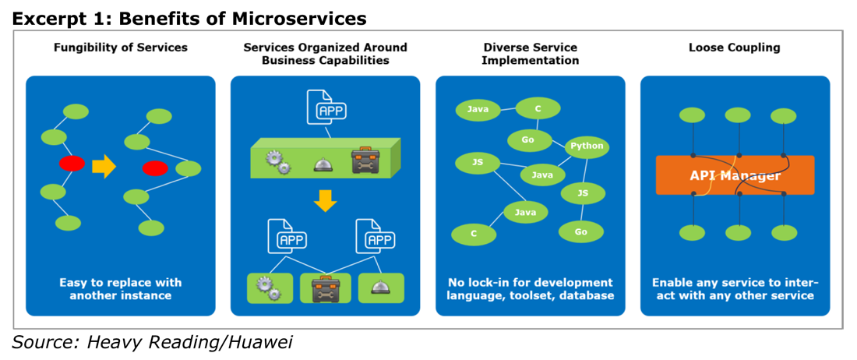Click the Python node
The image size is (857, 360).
(x=587, y=146)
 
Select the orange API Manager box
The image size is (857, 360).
(x=735, y=175)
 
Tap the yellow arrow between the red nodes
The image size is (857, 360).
(x=104, y=166)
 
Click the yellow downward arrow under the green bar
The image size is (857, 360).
(x=325, y=200)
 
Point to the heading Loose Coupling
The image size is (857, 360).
(x=734, y=48)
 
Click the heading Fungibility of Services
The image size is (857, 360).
(x=120, y=48)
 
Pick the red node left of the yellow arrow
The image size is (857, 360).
(x=72, y=164)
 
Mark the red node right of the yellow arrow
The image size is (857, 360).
(x=155, y=168)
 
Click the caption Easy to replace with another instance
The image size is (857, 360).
(x=120, y=290)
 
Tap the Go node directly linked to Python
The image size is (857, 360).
(x=528, y=139)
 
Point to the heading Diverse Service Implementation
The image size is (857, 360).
(x=530, y=54)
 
